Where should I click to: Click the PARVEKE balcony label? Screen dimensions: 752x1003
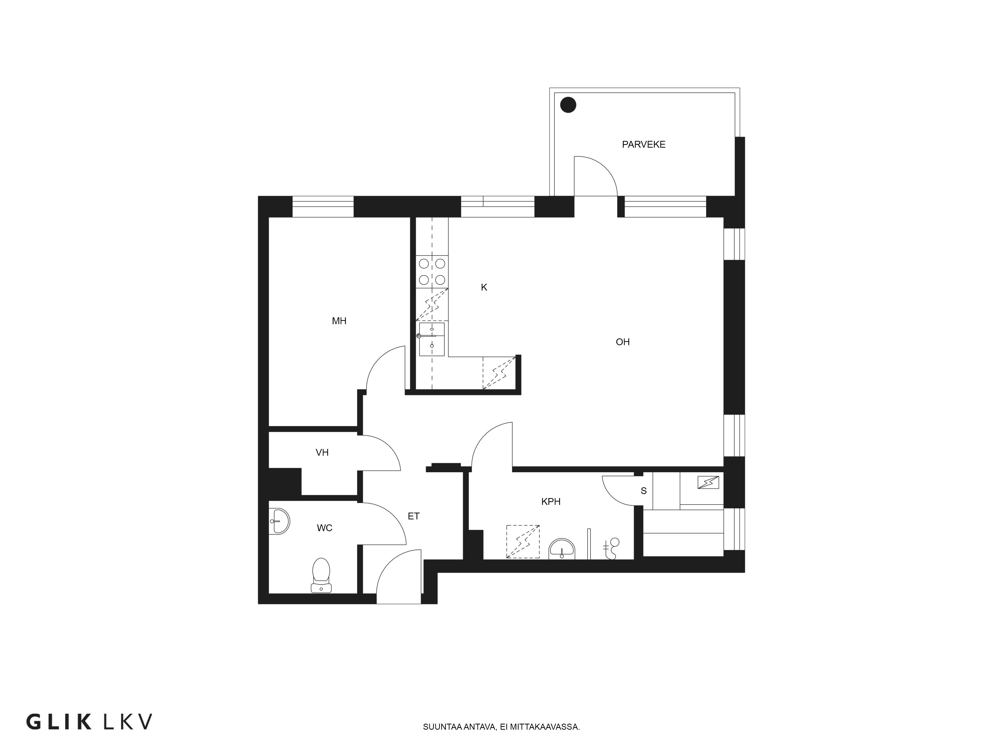pyautogui.click(x=643, y=145)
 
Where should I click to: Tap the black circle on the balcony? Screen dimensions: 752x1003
pyautogui.click(x=568, y=105)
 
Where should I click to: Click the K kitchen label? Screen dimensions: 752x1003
pyautogui.click(x=484, y=287)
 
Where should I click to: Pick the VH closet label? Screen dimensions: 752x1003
pyautogui.click(x=322, y=452)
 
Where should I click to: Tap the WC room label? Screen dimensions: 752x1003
pyautogui.click(x=325, y=528)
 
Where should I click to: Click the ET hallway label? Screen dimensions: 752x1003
pyautogui.click(x=413, y=516)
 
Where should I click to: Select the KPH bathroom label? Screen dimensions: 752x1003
pyautogui.click(x=551, y=502)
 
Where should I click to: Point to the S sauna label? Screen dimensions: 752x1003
pyautogui.click(x=643, y=491)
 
